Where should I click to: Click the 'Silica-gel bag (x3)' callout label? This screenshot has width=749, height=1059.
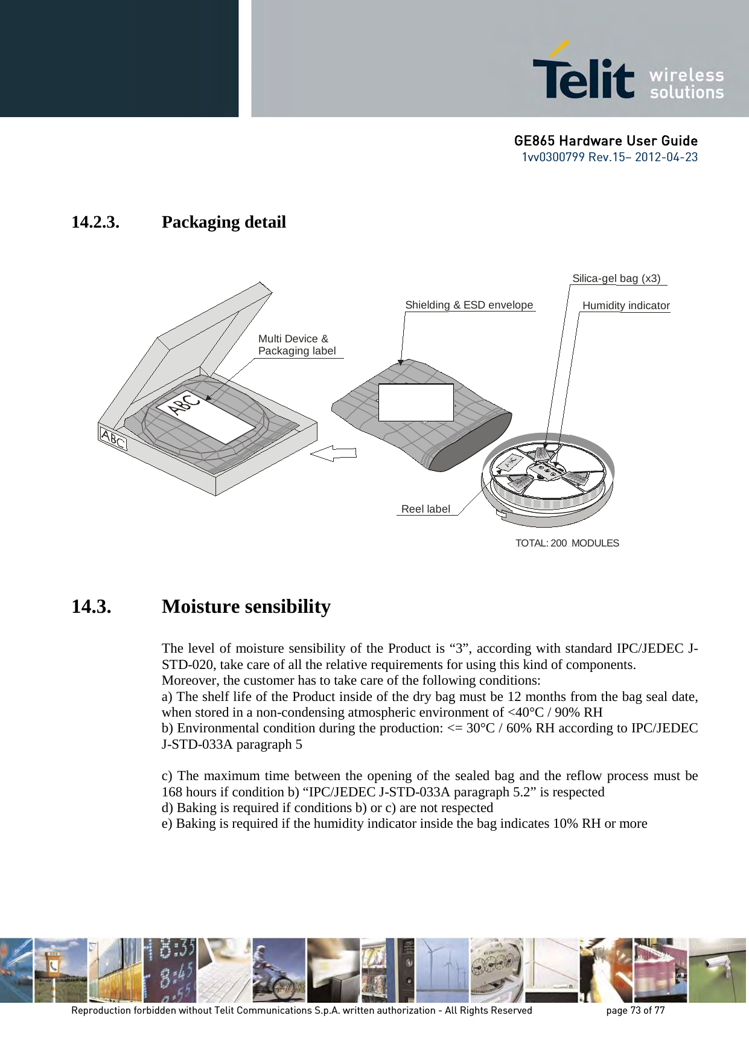[616, 278]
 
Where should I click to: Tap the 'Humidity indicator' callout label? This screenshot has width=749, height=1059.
[626, 306]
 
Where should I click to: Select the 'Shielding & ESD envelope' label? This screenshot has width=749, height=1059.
[469, 305]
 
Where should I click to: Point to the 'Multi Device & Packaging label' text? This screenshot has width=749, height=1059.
[296, 345]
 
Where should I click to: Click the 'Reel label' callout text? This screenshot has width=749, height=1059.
[425, 509]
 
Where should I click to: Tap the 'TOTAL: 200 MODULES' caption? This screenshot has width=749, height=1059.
[567, 543]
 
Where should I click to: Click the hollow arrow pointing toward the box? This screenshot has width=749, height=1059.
[334, 453]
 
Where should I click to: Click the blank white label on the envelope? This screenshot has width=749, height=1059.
[415, 402]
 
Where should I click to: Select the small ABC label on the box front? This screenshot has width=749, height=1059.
[113, 439]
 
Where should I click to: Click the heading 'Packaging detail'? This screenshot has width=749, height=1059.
[223, 222]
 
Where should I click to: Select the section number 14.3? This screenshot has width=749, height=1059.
[91, 606]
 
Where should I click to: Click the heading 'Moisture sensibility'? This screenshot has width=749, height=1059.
[246, 606]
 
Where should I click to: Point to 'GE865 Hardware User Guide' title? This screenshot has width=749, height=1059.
[605, 141]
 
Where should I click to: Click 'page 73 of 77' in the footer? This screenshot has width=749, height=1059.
[635, 1010]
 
